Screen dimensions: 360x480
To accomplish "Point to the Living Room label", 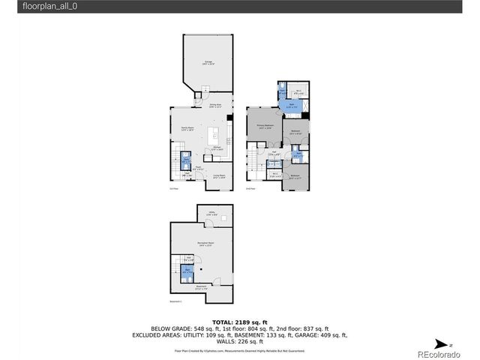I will click(219, 176).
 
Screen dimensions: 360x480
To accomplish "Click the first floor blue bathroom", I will click(187, 160).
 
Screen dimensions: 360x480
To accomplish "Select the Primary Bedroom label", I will click(265, 126).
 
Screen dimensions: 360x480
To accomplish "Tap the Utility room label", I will click(212, 214).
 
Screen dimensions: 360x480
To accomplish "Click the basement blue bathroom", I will click(188, 271).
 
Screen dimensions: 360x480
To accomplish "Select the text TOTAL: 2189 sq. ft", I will click(239, 320).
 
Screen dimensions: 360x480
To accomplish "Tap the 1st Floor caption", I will click(173, 189).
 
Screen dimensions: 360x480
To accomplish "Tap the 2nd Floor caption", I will click(250, 189).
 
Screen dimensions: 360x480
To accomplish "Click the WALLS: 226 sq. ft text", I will click(239, 340).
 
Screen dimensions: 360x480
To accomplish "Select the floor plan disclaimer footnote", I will click(239, 349).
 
